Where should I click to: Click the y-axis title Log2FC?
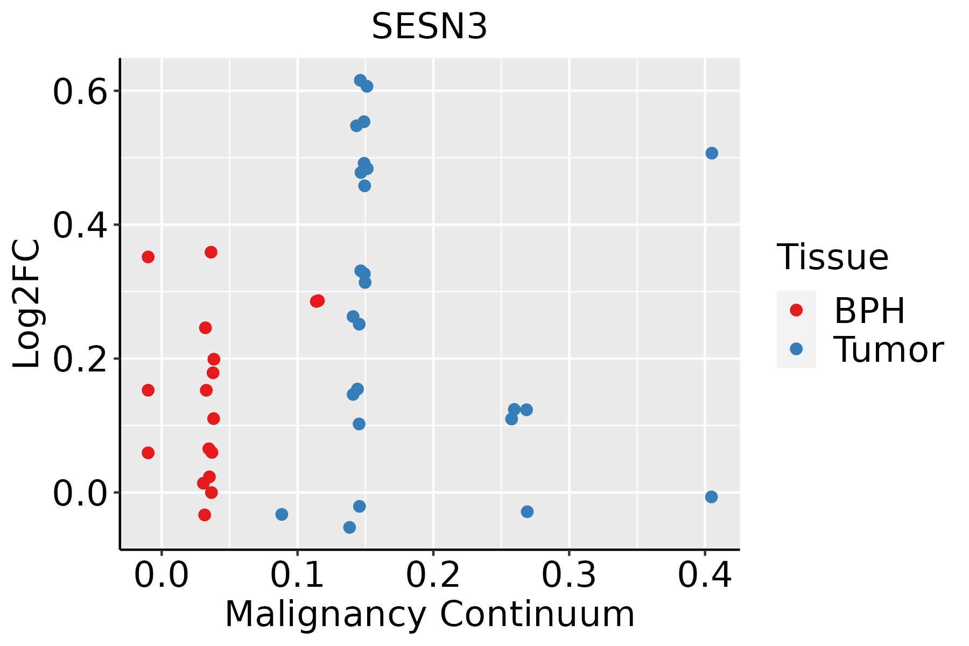pos(27,304)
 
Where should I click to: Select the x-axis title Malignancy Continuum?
pos(430,614)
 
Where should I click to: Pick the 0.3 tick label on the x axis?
pos(568,575)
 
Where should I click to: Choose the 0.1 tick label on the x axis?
pos(297,575)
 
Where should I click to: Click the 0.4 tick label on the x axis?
pos(704,575)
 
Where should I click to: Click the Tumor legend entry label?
pos(888,349)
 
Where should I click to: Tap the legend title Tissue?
pos(833,257)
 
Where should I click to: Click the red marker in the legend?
pos(796,310)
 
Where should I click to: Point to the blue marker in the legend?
pos(796,349)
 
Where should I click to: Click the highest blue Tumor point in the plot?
pos(360,80)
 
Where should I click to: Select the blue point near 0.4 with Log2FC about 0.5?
pos(712,153)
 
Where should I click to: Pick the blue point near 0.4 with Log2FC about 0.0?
pos(711,497)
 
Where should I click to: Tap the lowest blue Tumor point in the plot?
pos(349,527)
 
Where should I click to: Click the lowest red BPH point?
pos(205,515)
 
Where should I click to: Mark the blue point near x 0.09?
pos(282,514)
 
